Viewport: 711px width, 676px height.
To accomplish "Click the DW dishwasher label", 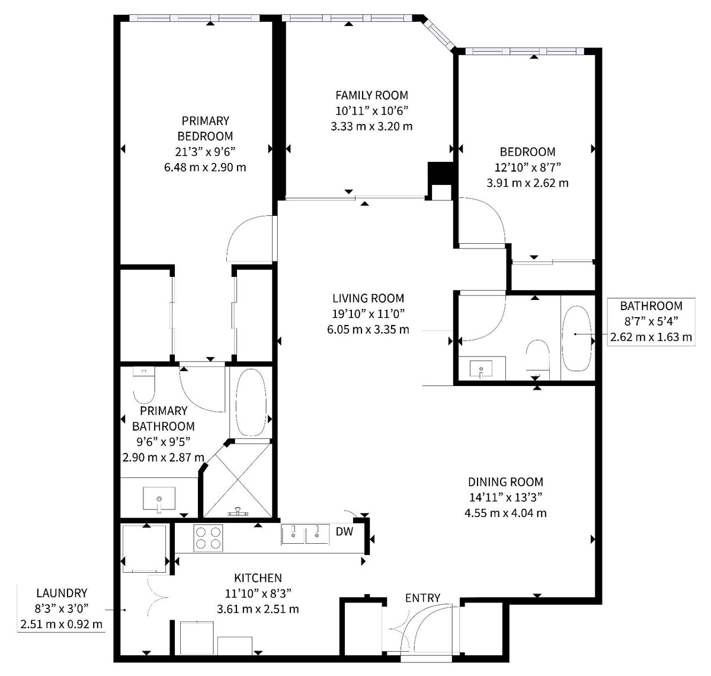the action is [x=344, y=531].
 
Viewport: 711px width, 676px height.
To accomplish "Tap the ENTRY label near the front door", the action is [x=422, y=598].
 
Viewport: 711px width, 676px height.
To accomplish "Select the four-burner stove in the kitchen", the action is [x=208, y=538].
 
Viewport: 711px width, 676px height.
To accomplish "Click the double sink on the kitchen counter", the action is [x=305, y=534].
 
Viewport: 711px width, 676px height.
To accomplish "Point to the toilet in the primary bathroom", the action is [x=143, y=384].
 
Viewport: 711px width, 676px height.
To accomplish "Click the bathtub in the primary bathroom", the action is [x=251, y=402].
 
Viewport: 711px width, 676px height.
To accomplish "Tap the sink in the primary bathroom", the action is [x=159, y=499].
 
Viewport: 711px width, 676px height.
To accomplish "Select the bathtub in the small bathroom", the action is [x=577, y=339].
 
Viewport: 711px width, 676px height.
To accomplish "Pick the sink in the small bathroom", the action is [x=481, y=369].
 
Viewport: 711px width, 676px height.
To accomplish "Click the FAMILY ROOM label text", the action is [x=371, y=95].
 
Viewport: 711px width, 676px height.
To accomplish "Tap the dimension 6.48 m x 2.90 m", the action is [x=205, y=167].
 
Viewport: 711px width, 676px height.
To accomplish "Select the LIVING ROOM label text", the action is [x=368, y=298].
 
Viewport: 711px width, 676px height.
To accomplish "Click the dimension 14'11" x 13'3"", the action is [x=505, y=497].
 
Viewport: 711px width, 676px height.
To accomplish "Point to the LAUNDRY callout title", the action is [x=62, y=593].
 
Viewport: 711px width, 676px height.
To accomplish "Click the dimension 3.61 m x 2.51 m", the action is [x=258, y=609].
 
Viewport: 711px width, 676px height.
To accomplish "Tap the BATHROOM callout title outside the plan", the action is [x=651, y=306].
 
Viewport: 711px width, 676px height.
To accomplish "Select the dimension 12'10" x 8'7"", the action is [x=527, y=167].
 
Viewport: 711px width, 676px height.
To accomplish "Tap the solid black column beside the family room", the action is [x=440, y=174].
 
